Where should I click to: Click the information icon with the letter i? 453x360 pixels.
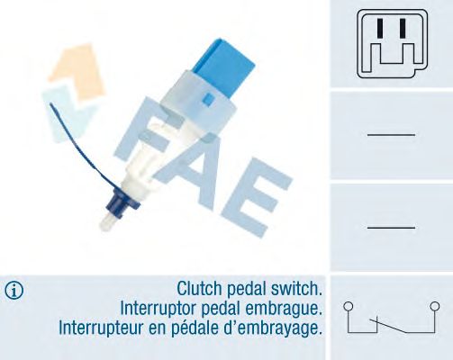click(x=14, y=291)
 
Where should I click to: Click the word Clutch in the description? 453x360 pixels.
click(x=199, y=289)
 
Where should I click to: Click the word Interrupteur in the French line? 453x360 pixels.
click(x=101, y=328)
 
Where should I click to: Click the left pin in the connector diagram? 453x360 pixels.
click(x=380, y=28)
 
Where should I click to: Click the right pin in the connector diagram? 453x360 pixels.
click(x=403, y=28)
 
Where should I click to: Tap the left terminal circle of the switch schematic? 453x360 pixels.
click(x=348, y=306)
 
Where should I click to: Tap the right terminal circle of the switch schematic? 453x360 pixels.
click(x=434, y=306)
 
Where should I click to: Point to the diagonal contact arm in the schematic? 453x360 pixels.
click(x=388, y=326)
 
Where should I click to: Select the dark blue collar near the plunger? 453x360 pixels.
click(x=122, y=202)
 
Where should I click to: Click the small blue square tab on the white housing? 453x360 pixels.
click(x=208, y=99)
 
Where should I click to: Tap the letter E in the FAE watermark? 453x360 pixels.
click(x=251, y=197)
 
